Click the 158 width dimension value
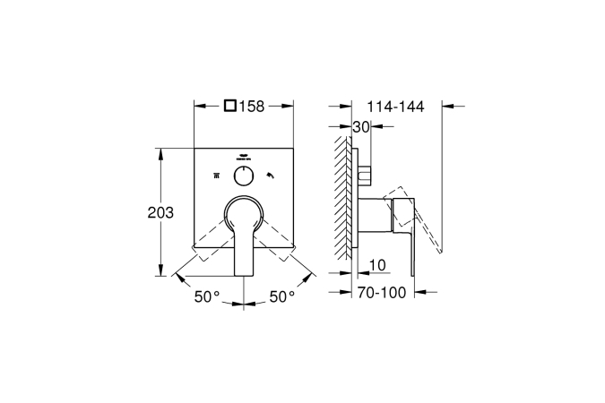coord(252,106)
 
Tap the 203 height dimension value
coord(160,212)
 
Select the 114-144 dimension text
coord(395,107)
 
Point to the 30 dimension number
coord(361,126)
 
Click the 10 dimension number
coord(377,265)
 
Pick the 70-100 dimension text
coord(382,293)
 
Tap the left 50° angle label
coord(207,296)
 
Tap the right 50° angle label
coord(281,296)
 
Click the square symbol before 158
coord(230,106)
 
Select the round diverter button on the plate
coord(244,176)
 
